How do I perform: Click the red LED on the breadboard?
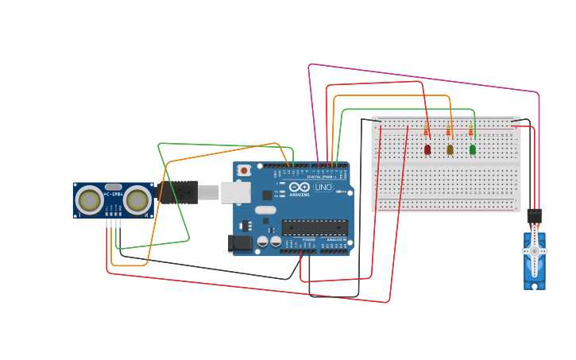point(427,149)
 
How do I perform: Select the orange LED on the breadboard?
point(450,149)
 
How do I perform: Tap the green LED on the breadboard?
point(473,149)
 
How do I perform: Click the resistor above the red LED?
point(426,130)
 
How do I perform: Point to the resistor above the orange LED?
point(448,130)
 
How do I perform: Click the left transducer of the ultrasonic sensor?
point(89,200)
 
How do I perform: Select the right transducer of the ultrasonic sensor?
point(137,200)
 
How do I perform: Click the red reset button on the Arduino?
point(244,170)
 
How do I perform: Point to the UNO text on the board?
point(323,188)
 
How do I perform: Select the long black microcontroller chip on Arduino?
point(315,227)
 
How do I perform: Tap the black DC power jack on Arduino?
point(240,243)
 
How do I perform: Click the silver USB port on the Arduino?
point(235,192)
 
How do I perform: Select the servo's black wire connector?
point(535,215)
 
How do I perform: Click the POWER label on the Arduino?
point(308,239)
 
